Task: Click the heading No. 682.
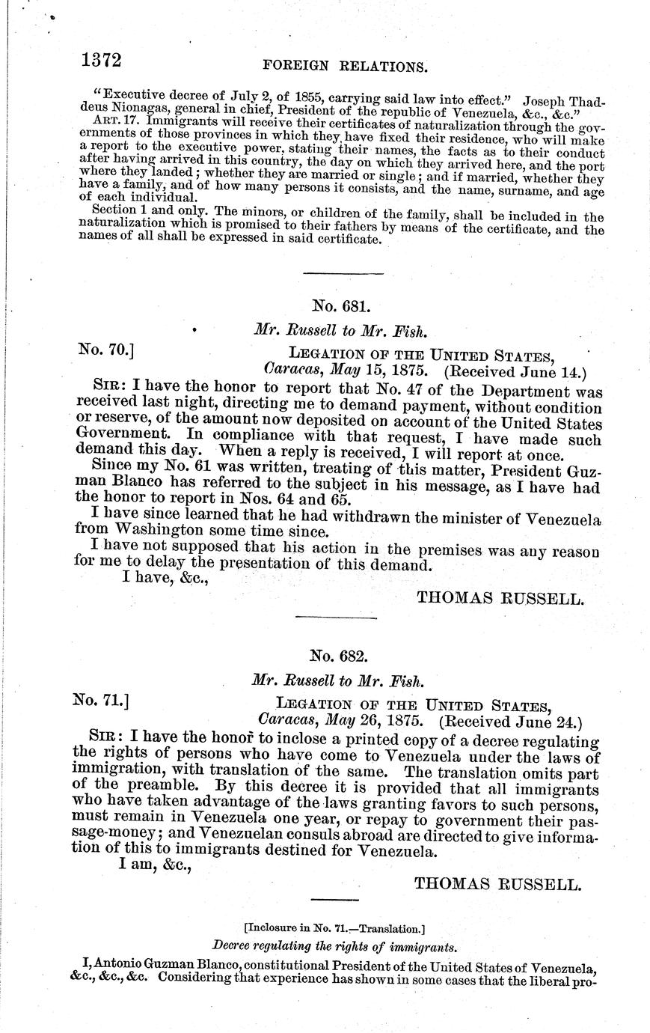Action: coord(339,656)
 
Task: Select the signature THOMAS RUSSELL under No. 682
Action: coord(497,883)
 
